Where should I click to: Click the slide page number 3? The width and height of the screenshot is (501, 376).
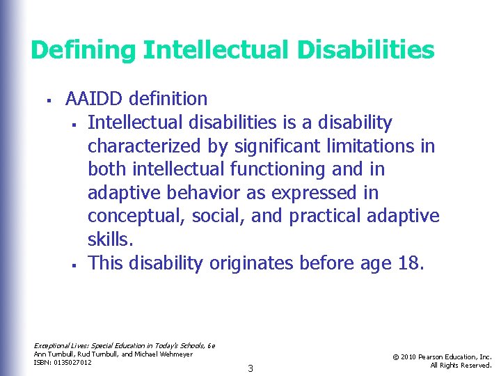pos(250,368)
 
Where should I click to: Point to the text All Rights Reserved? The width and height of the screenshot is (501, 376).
pos(461,365)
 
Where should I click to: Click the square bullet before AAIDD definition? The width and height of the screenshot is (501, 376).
pos(43,100)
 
